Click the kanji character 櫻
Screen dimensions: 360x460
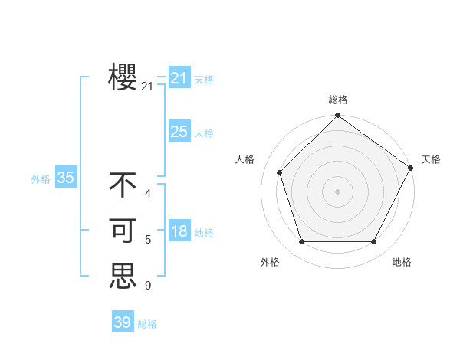click(123, 77)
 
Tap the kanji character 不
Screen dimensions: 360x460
click(123, 185)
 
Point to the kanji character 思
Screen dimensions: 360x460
click(123, 276)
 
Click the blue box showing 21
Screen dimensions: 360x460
click(179, 77)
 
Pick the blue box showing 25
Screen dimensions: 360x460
click(179, 132)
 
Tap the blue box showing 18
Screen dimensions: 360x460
click(179, 231)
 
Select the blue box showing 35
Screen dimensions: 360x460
click(65, 178)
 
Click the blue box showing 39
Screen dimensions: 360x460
click(122, 322)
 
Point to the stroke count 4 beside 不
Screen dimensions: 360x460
click(148, 194)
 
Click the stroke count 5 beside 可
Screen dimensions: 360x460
click(148, 240)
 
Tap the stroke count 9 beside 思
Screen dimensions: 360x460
click(148, 286)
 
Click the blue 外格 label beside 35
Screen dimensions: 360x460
click(41, 179)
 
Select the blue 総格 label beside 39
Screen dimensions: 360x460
click(147, 324)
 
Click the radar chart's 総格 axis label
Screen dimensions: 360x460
click(337, 100)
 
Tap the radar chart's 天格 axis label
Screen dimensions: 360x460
click(431, 159)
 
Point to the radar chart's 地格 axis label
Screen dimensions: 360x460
click(402, 262)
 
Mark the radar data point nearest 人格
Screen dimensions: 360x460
click(280, 172)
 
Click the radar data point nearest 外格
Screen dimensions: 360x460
click(301, 241)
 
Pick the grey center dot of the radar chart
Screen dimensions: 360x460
click(337, 191)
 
